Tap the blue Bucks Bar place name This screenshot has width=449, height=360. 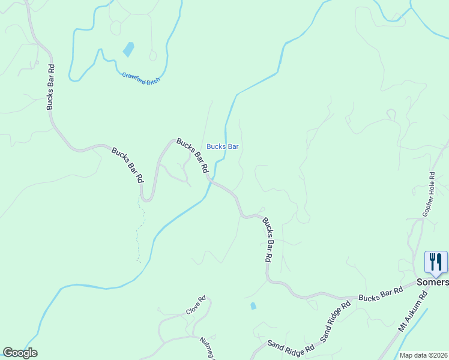coord(223,146)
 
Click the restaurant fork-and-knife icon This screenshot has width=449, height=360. coord(436,262)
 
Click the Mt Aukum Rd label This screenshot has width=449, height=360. coord(412,312)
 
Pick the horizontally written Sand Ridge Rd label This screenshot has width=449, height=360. coord(291,347)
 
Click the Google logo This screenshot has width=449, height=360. coord(20,352)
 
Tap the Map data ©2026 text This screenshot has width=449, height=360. coord(423,355)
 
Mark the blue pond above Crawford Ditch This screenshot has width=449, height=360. coord(128,49)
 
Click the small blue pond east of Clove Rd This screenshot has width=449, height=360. coord(253,306)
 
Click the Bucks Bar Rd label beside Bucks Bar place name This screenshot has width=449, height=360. coord(192,155)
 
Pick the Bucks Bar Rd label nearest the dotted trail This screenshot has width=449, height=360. coord(128,165)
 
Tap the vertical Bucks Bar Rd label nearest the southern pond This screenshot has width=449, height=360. coord(268,240)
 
